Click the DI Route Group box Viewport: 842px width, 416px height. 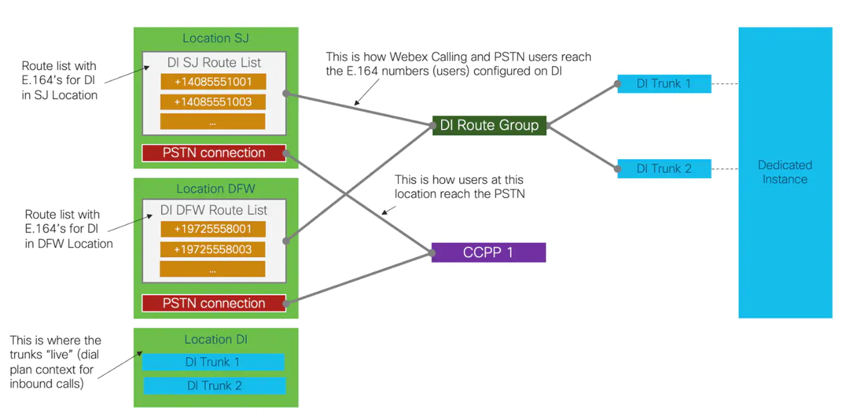coord(489,125)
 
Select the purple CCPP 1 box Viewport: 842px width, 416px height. coord(488,253)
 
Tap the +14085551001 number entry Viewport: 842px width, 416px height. coord(213,82)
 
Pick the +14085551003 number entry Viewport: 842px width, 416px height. coord(213,102)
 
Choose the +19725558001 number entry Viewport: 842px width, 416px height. coord(213,229)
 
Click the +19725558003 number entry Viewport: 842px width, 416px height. coord(213,249)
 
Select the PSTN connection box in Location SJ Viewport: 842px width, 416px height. coord(214,153)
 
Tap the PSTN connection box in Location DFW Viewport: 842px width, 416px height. coord(214,304)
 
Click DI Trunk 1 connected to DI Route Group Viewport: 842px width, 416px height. coord(664,84)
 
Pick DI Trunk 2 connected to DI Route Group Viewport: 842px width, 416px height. coord(664,169)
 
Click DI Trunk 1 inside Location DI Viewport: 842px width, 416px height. coord(213,362)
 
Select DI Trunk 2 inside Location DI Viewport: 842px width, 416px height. coord(214,386)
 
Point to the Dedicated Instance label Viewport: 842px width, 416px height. coord(785,172)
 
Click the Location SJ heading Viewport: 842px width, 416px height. coord(216,38)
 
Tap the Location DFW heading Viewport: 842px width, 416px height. coord(216,189)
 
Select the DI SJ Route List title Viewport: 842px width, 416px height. coord(214,62)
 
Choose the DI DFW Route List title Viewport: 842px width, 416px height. coord(214,210)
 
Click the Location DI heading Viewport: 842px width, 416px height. coord(216,339)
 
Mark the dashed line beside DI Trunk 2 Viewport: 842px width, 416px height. coord(725,169)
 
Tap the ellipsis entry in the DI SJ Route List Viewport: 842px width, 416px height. coord(213,122)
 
